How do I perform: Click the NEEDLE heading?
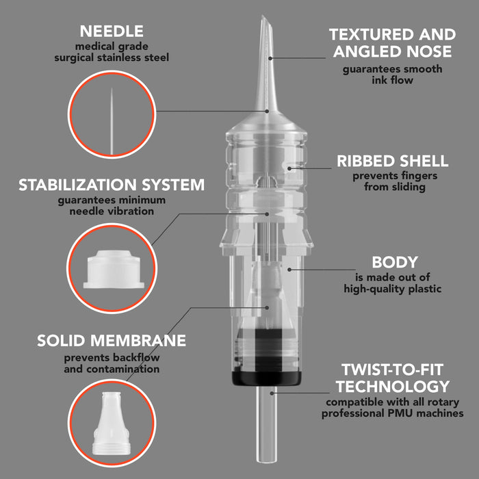(112, 31)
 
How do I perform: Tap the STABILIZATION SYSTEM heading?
(112, 185)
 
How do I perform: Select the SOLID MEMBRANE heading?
(112, 341)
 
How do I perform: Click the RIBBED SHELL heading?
(393, 161)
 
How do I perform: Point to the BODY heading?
(395, 262)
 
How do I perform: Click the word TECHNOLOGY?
(393, 387)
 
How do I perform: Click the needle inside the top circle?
(112, 121)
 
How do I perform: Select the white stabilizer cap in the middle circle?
(114, 269)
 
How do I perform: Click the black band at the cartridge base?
(267, 378)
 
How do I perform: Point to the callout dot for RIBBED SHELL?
(289, 168)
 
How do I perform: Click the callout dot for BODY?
(289, 270)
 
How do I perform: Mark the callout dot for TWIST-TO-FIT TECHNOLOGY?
(272, 393)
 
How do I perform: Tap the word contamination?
(122, 369)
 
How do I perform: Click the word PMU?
(402, 413)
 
